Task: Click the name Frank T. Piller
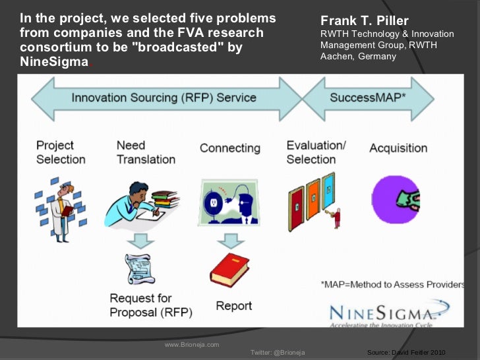click(364, 20)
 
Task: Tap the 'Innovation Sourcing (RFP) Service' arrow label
click(164, 98)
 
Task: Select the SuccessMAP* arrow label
click(367, 98)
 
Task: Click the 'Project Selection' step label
click(61, 152)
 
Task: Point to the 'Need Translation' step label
click(146, 152)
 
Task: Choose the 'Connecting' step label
click(230, 148)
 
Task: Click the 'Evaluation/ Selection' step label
click(316, 152)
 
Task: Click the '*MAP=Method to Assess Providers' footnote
click(392, 285)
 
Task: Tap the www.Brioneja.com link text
click(191, 345)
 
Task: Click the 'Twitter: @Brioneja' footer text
click(278, 353)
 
